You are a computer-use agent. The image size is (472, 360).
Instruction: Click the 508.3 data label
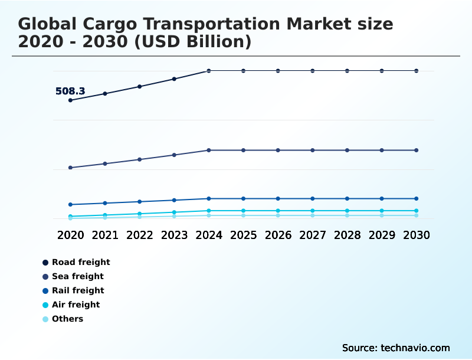pyautogui.click(x=70, y=91)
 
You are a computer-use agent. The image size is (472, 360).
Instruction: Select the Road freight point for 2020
pyautogui.click(x=70, y=100)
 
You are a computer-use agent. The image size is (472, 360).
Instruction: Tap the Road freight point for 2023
pyautogui.click(x=174, y=78)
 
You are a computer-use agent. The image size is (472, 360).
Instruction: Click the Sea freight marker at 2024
pyautogui.click(x=209, y=150)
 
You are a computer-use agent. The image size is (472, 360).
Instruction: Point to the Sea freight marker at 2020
pyautogui.click(x=70, y=168)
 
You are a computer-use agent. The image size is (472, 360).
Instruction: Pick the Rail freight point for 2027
pyautogui.click(x=313, y=198)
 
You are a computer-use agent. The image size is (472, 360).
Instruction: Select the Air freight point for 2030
pyautogui.click(x=417, y=211)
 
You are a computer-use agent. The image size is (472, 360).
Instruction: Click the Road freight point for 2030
pyautogui.click(x=417, y=71)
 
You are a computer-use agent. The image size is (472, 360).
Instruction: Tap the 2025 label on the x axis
pyautogui.click(x=243, y=235)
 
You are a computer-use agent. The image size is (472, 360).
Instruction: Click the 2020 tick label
pyautogui.click(x=70, y=235)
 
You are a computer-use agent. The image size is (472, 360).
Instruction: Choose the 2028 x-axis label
pyautogui.click(x=347, y=235)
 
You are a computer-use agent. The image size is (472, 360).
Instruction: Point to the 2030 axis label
pyautogui.click(x=417, y=235)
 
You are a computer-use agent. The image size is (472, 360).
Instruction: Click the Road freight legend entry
pyautogui.click(x=80, y=262)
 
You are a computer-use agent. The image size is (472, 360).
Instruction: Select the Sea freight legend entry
pyautogui.click(x=77, y=276)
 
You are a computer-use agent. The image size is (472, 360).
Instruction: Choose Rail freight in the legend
pyautogui.click(x=77, y=290)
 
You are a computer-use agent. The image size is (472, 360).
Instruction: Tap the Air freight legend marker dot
pyautogui.click(x=45, y=305)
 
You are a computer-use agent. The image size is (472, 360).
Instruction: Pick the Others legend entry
pyautogui.click(x=67, y=319)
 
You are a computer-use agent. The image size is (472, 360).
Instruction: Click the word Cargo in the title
pyautogui.click(x=111, y=24)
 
